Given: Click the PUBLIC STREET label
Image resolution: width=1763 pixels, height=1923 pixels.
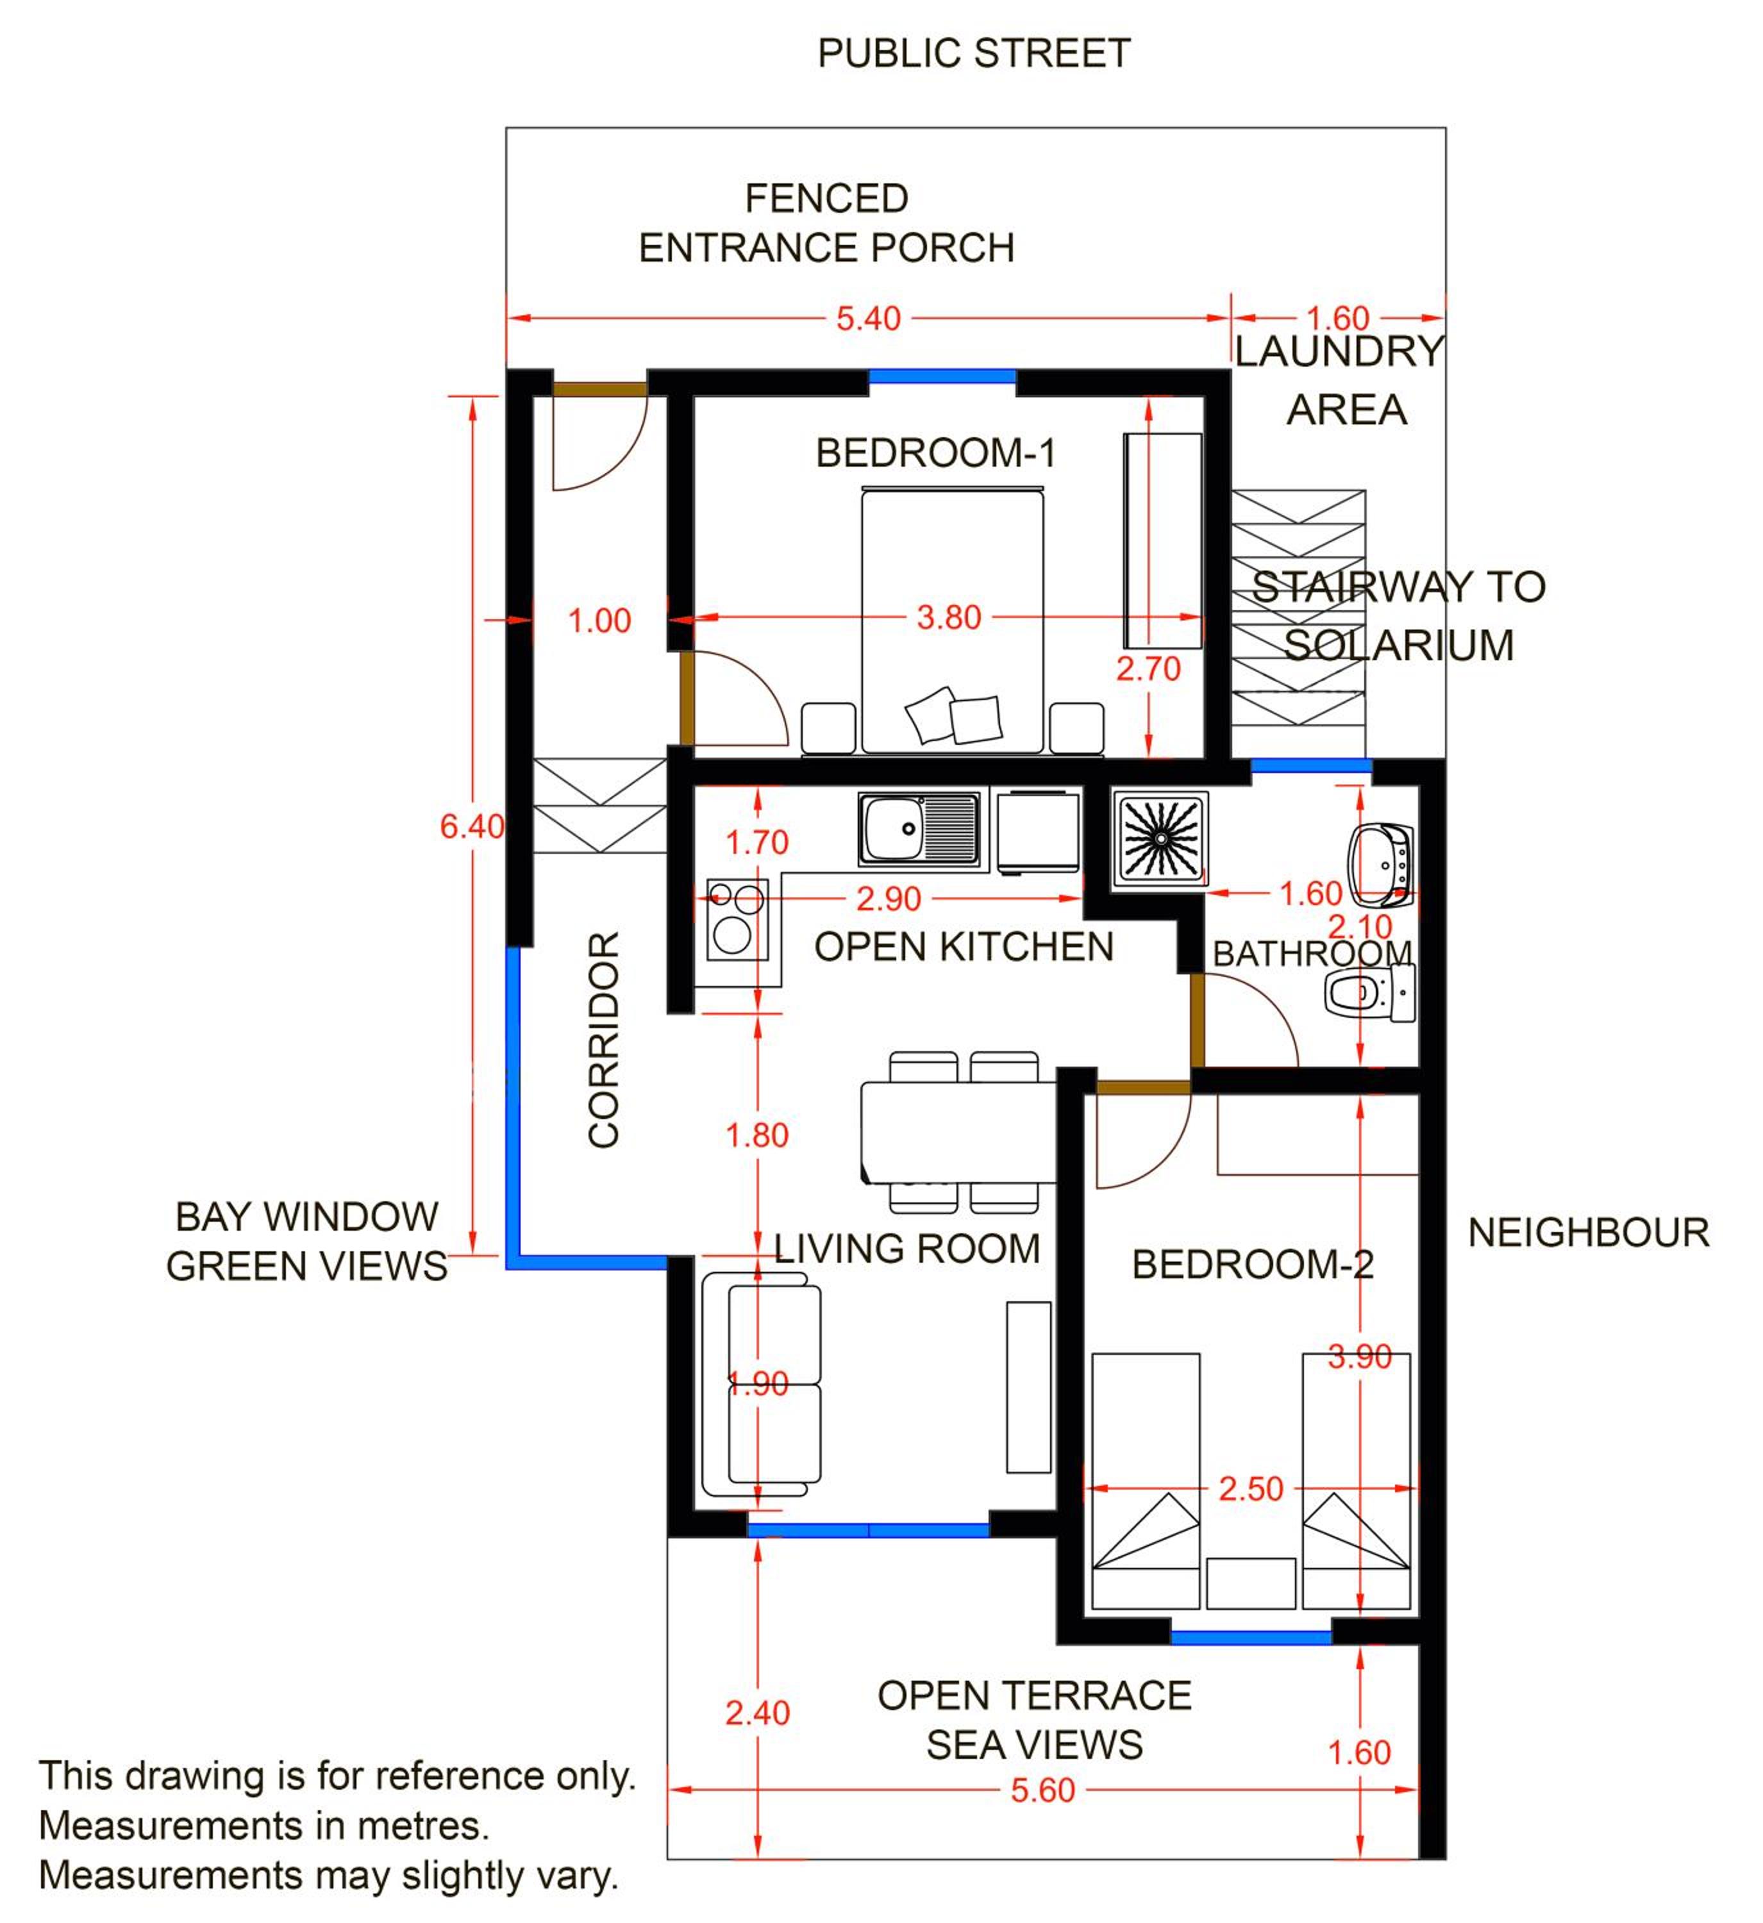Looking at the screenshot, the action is pos(974,53).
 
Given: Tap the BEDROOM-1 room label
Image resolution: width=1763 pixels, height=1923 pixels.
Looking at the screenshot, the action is pos(936,453).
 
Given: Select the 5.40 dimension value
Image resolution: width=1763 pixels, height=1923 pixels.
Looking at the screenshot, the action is pos(868,319).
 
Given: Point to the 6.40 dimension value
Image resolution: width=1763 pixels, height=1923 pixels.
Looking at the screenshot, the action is pos(471,826).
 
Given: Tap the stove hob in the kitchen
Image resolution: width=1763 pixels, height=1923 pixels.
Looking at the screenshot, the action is pos(737,920).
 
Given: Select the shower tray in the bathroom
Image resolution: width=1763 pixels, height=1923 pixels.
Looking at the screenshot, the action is pos(1160,838).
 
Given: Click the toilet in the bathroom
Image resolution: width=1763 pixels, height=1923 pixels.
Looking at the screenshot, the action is pos(1370,993).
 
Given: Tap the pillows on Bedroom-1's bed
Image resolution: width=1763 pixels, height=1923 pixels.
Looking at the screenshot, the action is pos(953,715).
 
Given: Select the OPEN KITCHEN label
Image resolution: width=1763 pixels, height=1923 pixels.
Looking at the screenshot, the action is pos(964,947).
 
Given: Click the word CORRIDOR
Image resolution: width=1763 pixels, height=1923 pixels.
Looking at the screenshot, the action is pos(604,1040).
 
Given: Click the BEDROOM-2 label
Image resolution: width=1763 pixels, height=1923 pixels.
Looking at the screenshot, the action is pos(1253,1265).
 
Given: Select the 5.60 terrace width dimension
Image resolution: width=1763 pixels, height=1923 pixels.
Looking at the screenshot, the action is pos(1042,1790).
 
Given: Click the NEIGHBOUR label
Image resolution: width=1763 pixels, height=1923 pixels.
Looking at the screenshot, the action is pos(1589,1233).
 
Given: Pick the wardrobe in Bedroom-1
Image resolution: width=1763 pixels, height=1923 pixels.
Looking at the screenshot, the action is pos(1162,541).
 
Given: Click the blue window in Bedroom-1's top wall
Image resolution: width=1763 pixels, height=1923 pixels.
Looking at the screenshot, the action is pos(942,377).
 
